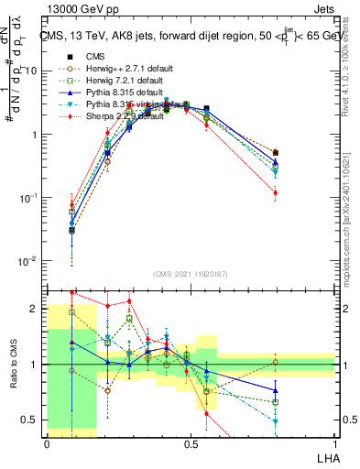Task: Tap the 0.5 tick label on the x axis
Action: [x=191, y=442]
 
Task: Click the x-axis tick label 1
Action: [x=335, y=442]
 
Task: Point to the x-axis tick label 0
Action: [x=47, y=442]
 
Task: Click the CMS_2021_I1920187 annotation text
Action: [x=190, y=273]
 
